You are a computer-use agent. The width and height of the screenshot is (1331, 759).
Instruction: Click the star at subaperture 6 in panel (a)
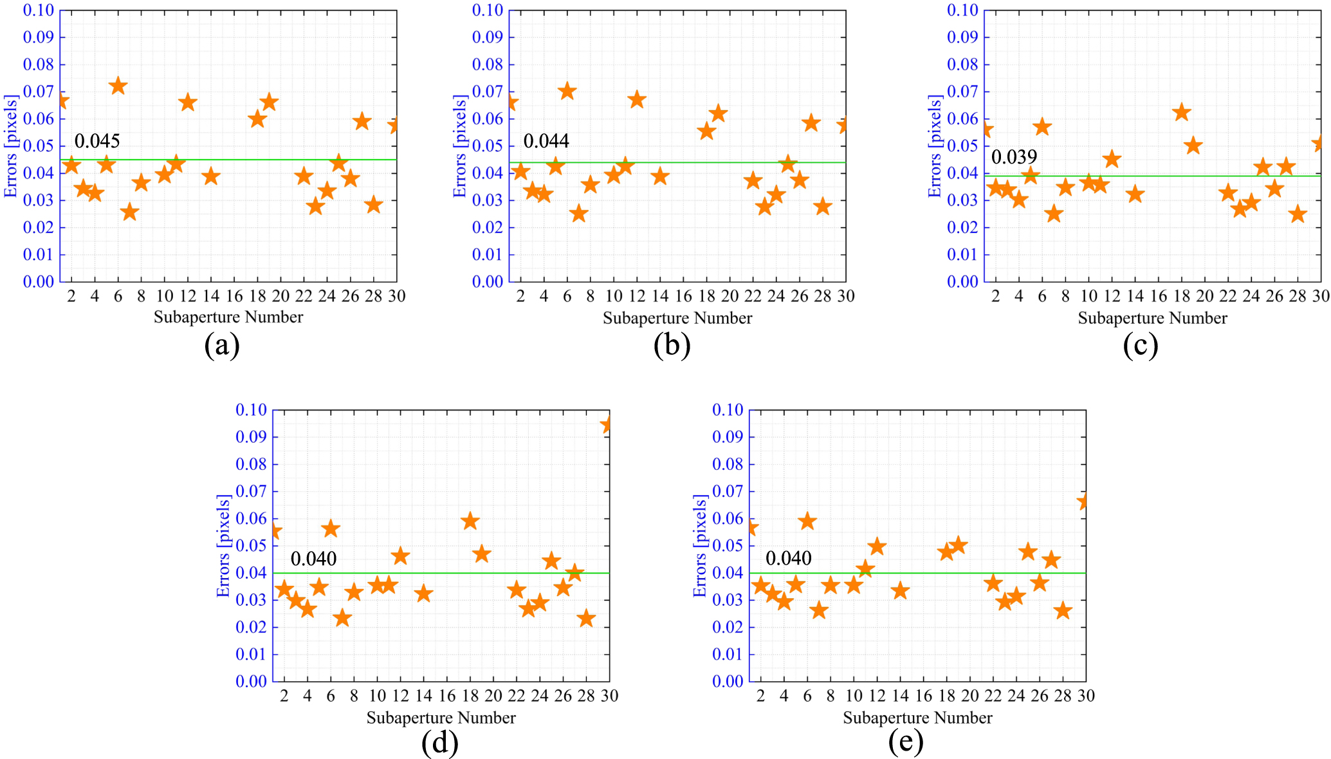pyautogui.click(x=118, y=86)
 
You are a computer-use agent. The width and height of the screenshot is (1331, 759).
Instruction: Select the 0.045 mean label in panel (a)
pyautogui.click(x=97, y=141)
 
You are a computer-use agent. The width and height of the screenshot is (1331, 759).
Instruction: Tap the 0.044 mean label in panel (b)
pyautogui.click(x=546, y=141)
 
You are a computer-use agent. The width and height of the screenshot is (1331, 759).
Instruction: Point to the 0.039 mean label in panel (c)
pyautogui.click(x=1014, y=157)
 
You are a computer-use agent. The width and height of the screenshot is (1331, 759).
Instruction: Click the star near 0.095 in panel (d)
pyautogui.click(x=607, y=425)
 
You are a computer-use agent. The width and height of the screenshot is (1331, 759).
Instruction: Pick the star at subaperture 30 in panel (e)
pyautogui.click(x=1084, y=501)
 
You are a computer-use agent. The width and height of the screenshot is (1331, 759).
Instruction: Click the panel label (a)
pyautogui.click(x=222, y=346)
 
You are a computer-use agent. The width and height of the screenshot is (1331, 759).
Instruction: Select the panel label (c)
pyautogui.click(x=1141, y=346)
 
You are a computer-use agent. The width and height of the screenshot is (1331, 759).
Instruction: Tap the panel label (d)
pyautogui.click(x=440, y=744)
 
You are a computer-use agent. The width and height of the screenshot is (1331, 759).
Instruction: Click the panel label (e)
pyautogui.click(x=906, y=744)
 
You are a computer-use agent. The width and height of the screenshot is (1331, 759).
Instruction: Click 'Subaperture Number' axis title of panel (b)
pyautogui.click(x=677, y=318)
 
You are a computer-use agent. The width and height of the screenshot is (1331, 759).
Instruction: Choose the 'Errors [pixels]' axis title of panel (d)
pyautogui.click(x=223, y=546)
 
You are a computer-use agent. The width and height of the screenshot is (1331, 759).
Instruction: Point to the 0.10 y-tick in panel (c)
pyautogui.click(x=962, y=10)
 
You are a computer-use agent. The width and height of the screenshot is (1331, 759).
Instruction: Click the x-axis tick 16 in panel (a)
pyautogui.click(x=234, y=296)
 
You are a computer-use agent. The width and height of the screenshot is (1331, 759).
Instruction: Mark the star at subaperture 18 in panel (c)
pyautogui.click(x=1181, y=113)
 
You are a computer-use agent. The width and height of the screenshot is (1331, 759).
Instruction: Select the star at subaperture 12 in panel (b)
pyautogui.click(x=637, y=100)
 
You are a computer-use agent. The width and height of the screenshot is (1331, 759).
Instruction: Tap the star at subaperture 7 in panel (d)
pyautogui.click(x=342, y=618)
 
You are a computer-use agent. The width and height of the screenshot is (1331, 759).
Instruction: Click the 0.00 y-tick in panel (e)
pyautogui.click(x=728, y=682)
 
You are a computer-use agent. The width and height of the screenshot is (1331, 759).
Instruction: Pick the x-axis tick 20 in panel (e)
pyautogui.click(x=969, y=696)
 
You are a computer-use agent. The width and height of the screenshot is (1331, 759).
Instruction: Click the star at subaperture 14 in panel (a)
pyautogui.click(x=211, y=176)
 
